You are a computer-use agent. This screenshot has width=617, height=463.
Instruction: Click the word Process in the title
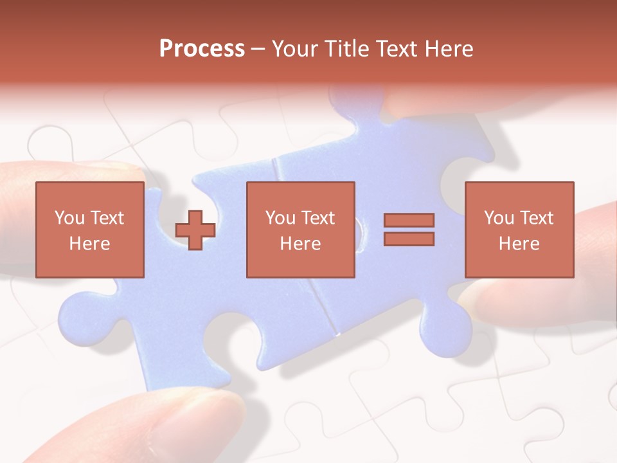pyautogui.click(x=202, y=49)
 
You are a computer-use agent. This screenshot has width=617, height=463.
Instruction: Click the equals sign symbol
pyautogui.click(x=409, y=230)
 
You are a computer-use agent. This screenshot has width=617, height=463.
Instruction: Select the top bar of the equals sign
pyautogui.click(x=409, y=220)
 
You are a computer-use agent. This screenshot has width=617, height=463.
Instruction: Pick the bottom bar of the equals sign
pyautogui.click(x=409, y=239)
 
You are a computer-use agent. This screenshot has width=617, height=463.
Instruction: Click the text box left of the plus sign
pyautogui.click(x=89, y=230)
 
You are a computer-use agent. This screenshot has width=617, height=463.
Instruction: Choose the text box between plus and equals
pyautogui.click(x=300, y=230)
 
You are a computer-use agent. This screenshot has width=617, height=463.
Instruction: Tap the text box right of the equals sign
pyautogui.click(x=519, y=230)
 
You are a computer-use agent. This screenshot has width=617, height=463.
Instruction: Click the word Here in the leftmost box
pyautogui.click(x=89, y=244)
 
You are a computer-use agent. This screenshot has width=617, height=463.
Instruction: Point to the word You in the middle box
pyautogui.click(x=280, y=218)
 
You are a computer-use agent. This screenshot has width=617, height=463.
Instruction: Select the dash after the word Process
pyautogui.click(x=258, y=49)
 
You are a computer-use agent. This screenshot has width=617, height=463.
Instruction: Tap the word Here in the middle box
pyautogui.click(x=300, y=244)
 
